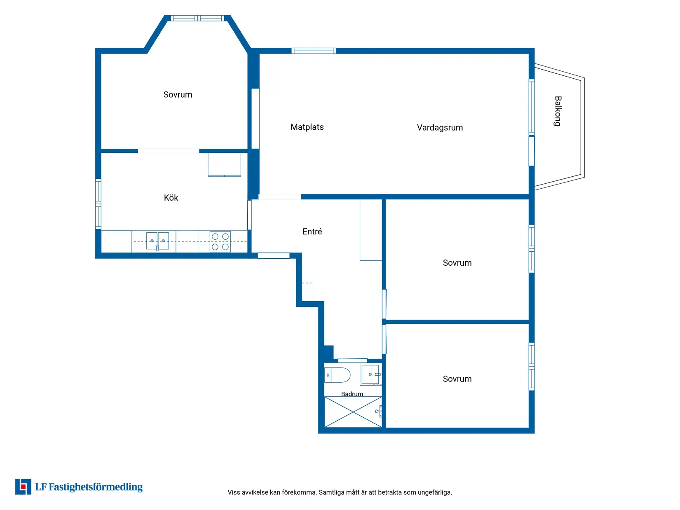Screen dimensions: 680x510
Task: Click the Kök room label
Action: (x=171, y=198)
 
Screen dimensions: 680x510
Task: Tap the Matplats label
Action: (x=307, y=127)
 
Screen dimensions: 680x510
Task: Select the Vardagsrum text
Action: (x=439, y=128)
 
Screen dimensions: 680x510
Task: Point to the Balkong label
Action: (x=557, y=111)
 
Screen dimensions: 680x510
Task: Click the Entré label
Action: (x=312, y=231)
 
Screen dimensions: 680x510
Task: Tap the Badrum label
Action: (x=352, y=394)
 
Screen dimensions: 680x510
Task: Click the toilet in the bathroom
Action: (x=337, y=375)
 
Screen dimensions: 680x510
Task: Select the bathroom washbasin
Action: (x=370, y=375)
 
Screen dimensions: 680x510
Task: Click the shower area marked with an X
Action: (x=353, y=412)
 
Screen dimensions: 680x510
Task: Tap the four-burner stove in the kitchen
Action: (x=220, y=241)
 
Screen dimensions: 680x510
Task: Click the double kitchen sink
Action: (x=157, y=241)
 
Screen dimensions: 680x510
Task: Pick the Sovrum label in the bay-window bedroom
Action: (x=178, y=94)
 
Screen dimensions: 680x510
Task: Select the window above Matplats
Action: (x=313, y=51)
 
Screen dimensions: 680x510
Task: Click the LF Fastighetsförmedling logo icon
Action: (x=23, y=487)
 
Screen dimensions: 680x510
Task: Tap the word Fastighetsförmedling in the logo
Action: (x=96, y=487)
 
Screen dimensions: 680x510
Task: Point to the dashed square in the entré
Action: (x=307, y=291)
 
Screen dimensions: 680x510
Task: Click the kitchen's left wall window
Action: (x=98, y=204)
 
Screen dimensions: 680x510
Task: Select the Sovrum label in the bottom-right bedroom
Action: (x=457, y=379)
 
